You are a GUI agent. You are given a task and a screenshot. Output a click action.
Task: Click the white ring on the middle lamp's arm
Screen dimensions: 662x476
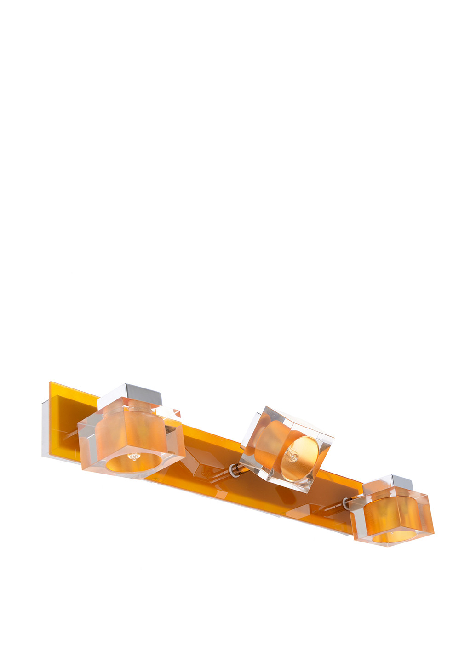(x=232, y=469)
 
